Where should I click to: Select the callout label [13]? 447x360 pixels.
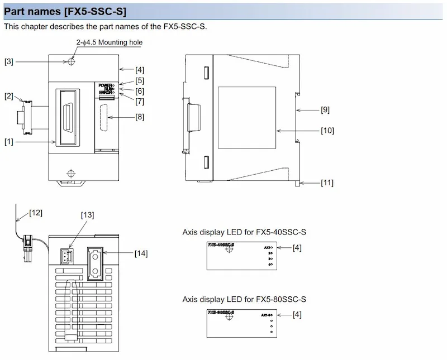tap(87, 215)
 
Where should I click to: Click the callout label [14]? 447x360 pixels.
tap(141, 253)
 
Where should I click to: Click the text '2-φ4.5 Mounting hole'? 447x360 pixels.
tap(109, 42)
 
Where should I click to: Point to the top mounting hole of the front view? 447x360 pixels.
tap(70, 62)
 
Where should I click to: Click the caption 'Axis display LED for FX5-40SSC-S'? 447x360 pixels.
tap(244, 232)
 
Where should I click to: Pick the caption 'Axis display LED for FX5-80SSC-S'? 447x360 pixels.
tap(244, 300)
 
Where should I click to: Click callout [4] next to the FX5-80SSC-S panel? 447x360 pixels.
tap(297, 315)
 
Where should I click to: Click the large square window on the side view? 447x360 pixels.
tap(247, 112)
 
